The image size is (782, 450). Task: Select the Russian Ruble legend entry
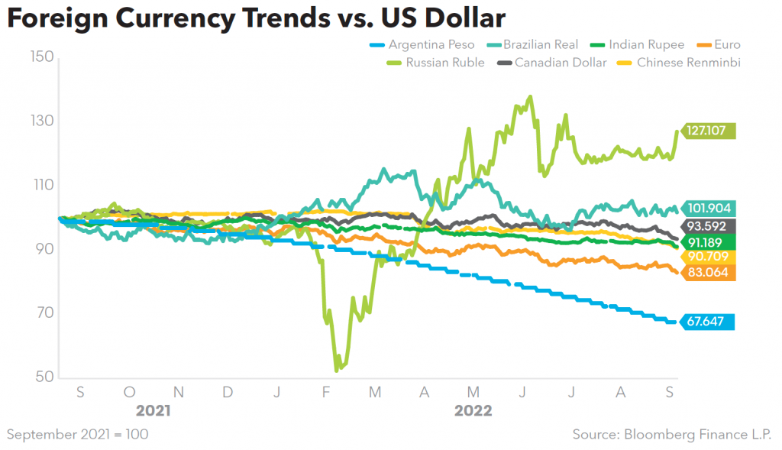click(435, 63)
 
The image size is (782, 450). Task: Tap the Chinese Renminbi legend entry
click(677, 63)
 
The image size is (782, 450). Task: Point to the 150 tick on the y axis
click(42, 57)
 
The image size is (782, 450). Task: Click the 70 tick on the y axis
click(42, 313)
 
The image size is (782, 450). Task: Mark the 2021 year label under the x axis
click(153, 410)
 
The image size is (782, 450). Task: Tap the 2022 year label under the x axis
click(473, 410)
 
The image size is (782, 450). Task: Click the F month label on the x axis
click(326, 391)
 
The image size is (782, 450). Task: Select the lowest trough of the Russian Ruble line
click(337, 371)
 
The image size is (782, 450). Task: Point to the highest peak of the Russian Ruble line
click(529, 96)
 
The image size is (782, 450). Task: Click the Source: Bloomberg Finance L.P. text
click(673, 434)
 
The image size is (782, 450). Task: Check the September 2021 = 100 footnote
click(78, 434)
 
